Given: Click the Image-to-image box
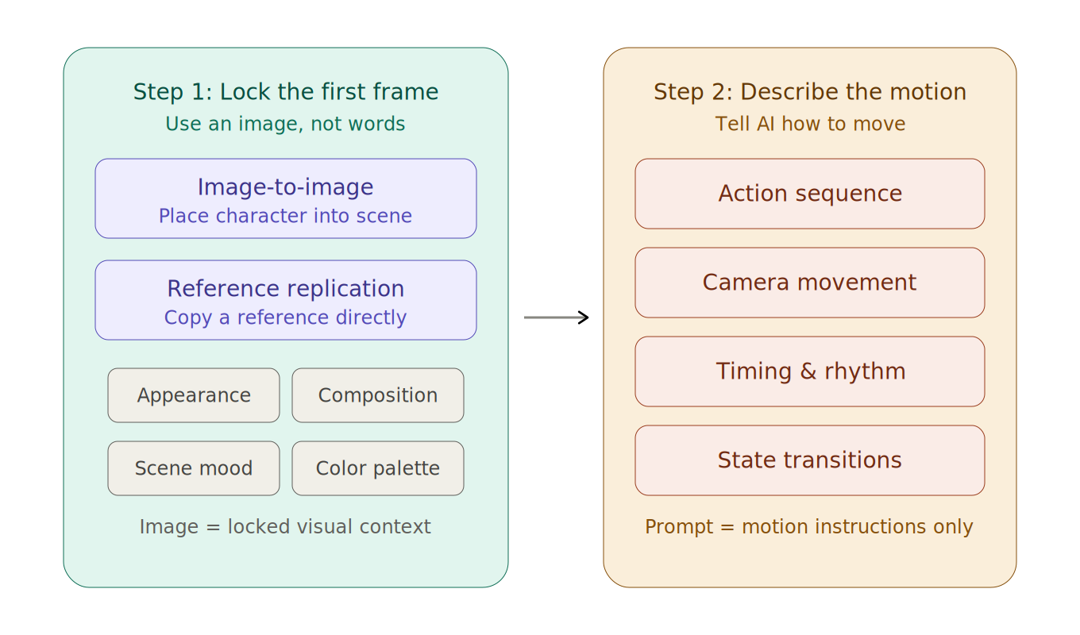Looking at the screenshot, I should click(x=285, y=198).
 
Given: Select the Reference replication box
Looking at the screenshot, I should click(x=285, y=300).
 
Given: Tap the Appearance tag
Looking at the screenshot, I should click(x=194, y=395).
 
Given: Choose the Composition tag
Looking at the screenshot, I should click(x=378, y=395).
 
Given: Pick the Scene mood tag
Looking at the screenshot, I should click(x=194, y=468).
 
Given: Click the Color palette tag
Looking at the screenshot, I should click(x=378, y=468).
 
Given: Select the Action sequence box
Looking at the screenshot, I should click(x=810, y=194).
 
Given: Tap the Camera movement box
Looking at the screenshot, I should click(x=810, y=283).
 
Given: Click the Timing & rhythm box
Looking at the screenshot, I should click(x=810, y=371).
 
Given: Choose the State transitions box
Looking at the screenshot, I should click(x=810, y=460).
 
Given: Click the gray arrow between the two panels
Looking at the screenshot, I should click(x=554, y=317).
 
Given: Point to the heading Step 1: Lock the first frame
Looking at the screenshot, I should click(x=285, y=92).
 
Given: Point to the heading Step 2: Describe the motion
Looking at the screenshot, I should click(x=810, y=92).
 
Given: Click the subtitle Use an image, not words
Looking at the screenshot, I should click(x=285, y=125).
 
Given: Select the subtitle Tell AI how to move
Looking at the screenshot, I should click(x=810, y=125).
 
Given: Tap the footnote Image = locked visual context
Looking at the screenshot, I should click(x=285, y=527).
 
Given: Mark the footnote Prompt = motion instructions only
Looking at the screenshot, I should click(x=808, y=527).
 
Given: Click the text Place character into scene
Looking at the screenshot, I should click(x=285, y=217).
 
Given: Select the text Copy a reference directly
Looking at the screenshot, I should click(x=285, y=318).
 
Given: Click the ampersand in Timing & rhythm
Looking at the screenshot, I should click(x=810, y=371).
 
